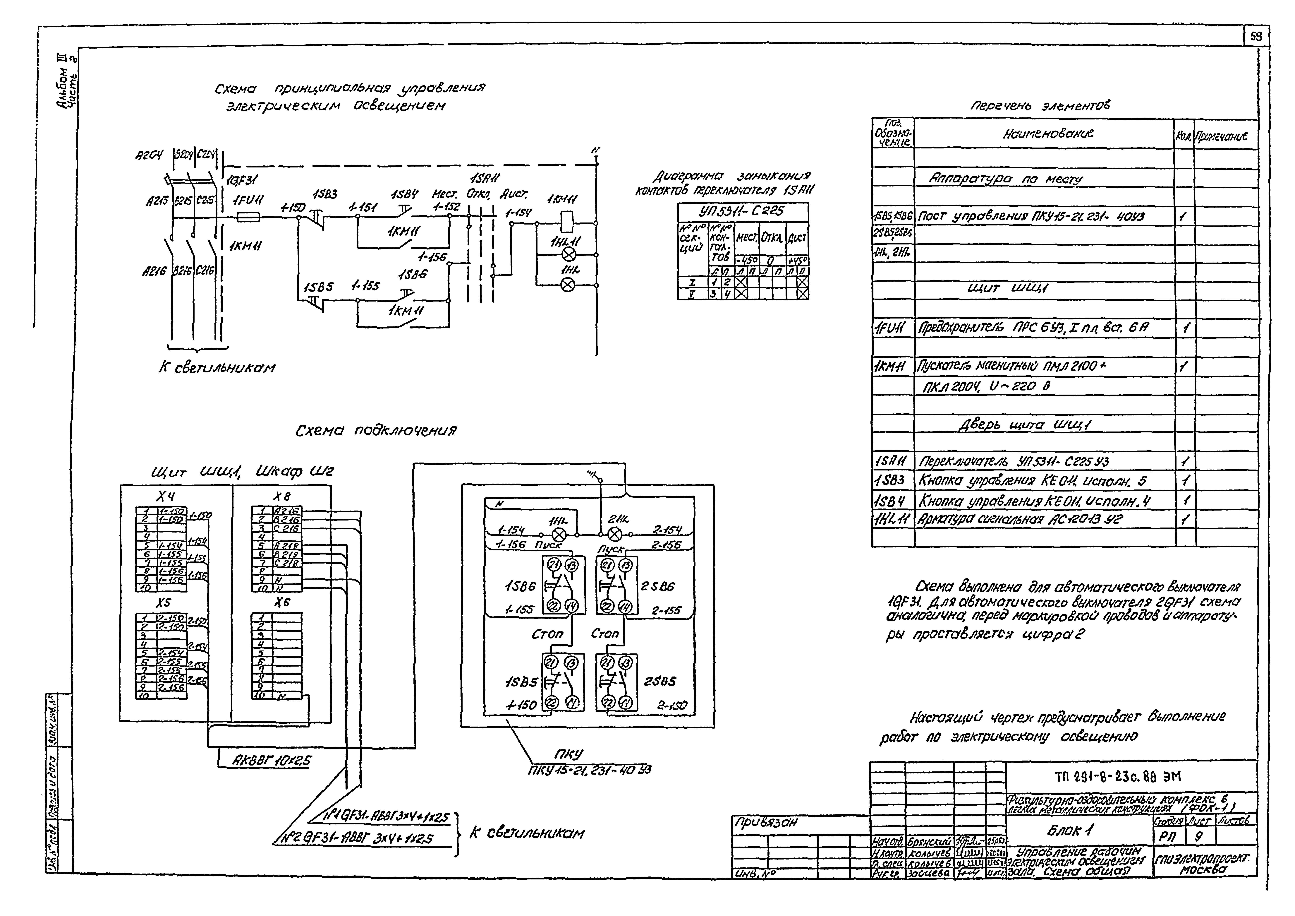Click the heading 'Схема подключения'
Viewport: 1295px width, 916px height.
click(x=376, y=431)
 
